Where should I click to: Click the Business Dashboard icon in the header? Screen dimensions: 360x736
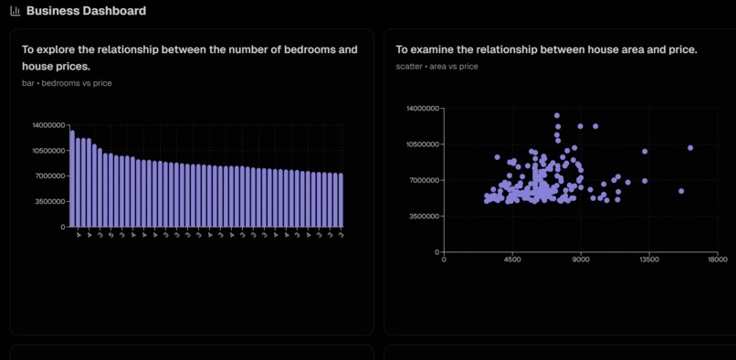click(16, 11)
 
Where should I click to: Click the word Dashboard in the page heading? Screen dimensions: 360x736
click(113, 11)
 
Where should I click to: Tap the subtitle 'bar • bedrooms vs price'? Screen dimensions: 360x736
click(67, 83)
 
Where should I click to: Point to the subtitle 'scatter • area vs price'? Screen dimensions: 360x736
click(436, 67)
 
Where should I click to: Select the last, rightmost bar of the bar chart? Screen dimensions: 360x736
click(342, 200)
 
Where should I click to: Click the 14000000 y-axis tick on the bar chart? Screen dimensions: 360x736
click(48, 124)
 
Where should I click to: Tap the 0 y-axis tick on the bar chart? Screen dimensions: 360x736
click(63, 227)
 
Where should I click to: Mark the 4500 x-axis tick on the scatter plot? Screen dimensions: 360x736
click(512, 259)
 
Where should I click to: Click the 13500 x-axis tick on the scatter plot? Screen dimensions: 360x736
click(648, 259)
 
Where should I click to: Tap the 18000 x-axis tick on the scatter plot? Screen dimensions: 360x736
click(717, 259)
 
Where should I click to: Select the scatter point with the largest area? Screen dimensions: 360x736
click(690, 147)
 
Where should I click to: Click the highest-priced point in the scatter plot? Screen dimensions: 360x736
click(557, 116)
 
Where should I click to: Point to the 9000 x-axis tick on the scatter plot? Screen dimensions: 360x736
click(581, 259)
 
